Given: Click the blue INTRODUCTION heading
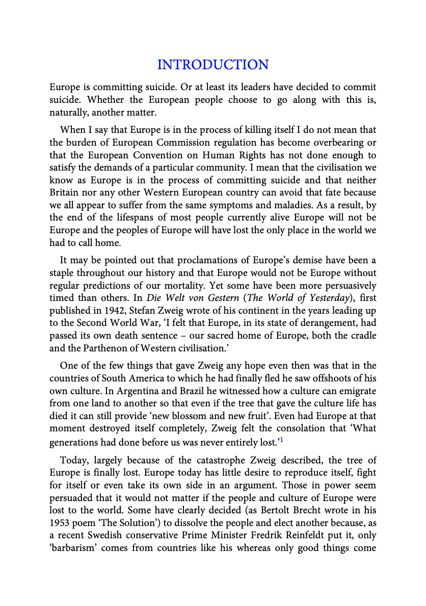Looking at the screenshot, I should pyautogui.click(x=212, y=65).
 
